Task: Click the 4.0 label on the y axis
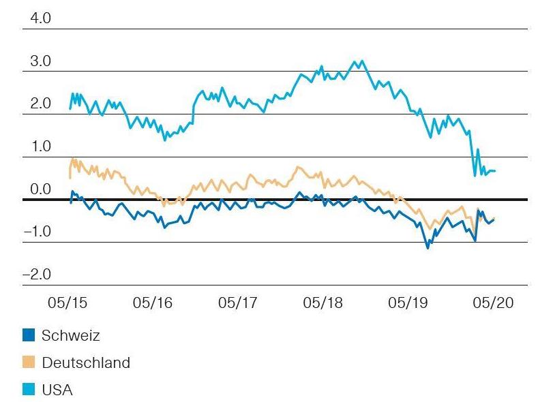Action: [x=37, y=18]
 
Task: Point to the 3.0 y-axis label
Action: [x=37, y=61]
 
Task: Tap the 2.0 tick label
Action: [x=37, y=104]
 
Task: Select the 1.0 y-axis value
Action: [x=37, y=146]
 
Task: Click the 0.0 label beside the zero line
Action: [x=37, y=189]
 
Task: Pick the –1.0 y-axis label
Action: [x=37, y=232]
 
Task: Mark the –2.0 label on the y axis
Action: [x=37, y=275]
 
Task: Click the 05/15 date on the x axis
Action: [x=68, y=302]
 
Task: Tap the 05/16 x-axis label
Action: [x=153, y=302]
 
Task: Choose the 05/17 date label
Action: [x=238, y=302]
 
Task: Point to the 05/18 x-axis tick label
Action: [x=323, y=302]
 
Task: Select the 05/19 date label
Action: [x=408, y=302]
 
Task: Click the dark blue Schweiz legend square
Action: [x=29, y=335]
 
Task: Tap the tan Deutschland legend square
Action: [x=29, y=362]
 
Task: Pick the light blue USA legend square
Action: [x=29, y=390]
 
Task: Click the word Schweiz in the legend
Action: [x=70, y=335]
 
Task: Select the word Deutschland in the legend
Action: [x=86, y=362]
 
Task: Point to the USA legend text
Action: [x=57, y=390]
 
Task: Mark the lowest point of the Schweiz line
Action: [x=428, y=248]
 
